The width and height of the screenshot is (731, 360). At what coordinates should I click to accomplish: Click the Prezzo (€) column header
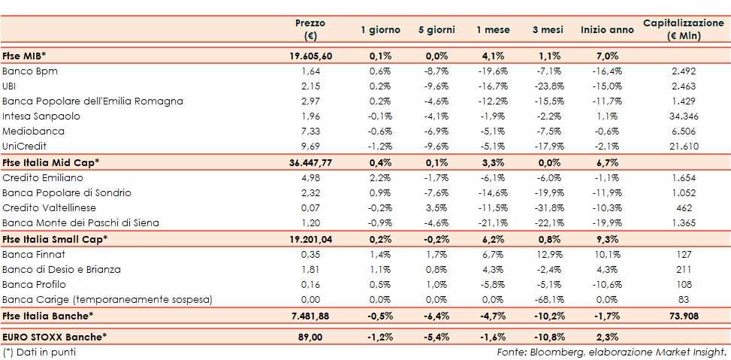(x=310, y=29)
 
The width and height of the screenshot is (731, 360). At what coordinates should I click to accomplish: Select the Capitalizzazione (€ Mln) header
(x=683, y=29)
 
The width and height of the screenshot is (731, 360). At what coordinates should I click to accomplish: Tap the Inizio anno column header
(x=607, y=29)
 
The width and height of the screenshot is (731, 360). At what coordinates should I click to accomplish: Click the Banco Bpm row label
(x=30, y=71)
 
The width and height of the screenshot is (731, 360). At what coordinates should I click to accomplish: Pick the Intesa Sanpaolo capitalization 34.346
(x=683, y=116)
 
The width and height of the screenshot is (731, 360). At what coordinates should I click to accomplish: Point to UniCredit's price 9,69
(x=310, y=147)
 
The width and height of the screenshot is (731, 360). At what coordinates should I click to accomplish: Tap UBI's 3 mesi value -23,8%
(x=550, y=86)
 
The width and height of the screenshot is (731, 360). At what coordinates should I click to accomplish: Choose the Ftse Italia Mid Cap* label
(x=51, y=162)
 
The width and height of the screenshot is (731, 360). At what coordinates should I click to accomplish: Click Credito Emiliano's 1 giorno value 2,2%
(x=381, y=177)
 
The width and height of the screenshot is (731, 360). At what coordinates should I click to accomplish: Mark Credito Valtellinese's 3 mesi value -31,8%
(x=550, y=208)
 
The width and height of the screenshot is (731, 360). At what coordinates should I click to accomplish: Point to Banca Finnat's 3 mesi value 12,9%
(x=550, y=254)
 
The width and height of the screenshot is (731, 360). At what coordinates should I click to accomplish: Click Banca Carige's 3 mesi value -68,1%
(x=550, y=300)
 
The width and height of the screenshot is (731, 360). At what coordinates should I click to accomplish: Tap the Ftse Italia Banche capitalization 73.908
(x=683, y=316)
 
